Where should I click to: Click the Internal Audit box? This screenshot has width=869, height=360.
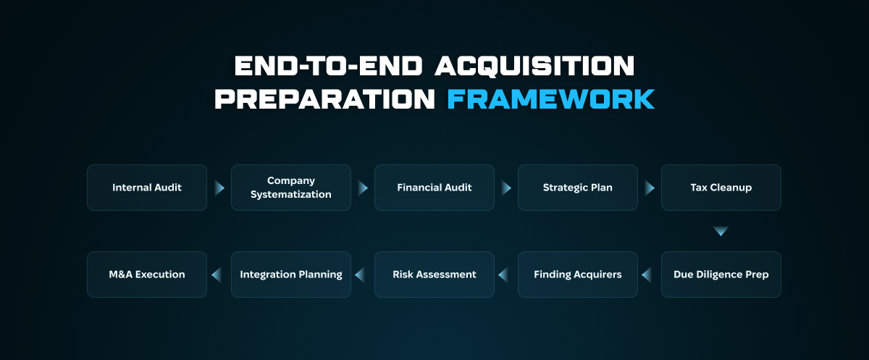147,188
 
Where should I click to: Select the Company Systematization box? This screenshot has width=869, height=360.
291,188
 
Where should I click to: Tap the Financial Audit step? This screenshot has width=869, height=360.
434,188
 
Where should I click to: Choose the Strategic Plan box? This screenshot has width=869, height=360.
578,188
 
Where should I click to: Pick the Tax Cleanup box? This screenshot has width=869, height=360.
721,188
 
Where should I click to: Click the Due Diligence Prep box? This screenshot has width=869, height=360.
721,275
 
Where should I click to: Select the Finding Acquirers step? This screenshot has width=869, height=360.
578,275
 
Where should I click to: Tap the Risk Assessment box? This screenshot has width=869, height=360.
434,275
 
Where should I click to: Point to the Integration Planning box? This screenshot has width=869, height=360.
291,275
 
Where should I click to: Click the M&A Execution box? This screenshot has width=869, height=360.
147,275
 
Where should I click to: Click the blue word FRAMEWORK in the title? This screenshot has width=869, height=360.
551,99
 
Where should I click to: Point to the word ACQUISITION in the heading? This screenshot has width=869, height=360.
534,66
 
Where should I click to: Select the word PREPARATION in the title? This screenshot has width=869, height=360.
324,99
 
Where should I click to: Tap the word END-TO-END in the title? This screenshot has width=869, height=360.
328,66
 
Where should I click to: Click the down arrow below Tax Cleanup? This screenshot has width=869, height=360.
721,231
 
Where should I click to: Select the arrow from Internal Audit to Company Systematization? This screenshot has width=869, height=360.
219,188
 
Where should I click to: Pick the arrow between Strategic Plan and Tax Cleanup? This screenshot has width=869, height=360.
650,188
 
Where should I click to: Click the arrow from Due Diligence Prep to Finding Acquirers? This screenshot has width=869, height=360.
646,275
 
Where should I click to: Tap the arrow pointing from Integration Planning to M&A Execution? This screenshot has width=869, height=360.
216,275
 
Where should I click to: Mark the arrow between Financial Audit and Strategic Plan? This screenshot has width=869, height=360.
506,188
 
